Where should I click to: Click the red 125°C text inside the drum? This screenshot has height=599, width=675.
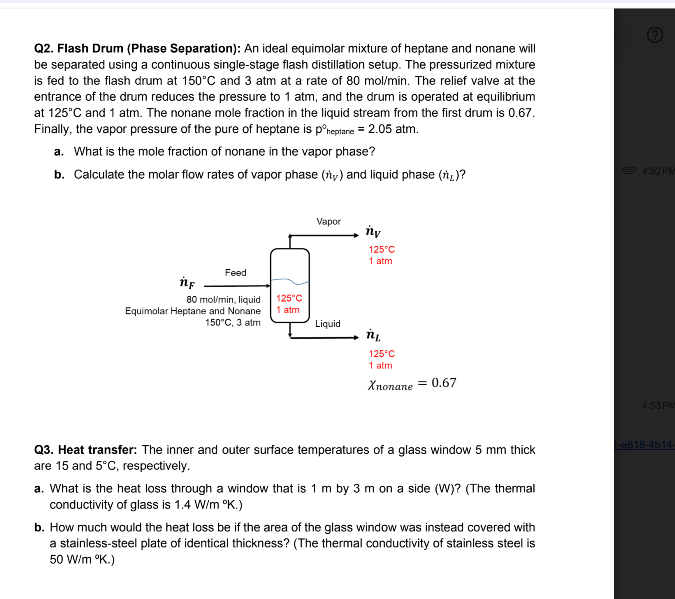coord(289,298)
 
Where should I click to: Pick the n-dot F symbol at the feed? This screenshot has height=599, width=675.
coord(187,283)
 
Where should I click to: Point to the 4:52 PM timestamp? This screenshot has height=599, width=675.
coord(657,171)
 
